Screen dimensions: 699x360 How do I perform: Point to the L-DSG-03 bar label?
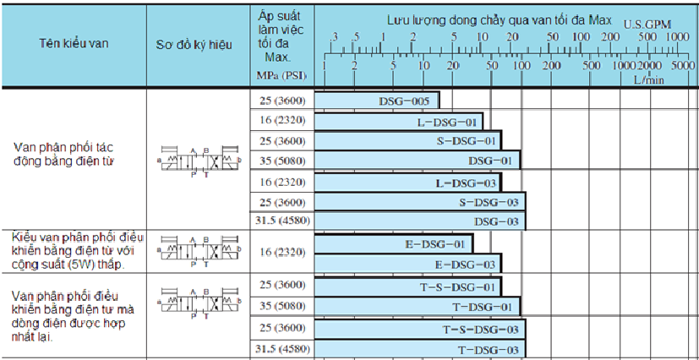[463, 183]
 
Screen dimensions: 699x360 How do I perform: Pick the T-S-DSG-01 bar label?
[458, 286]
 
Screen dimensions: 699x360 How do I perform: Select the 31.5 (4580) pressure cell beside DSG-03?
[283, 221]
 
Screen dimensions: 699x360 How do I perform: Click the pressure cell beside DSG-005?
[283, 101]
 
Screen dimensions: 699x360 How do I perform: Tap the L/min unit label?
[650, 79]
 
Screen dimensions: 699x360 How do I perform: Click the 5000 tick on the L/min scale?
[683, 65]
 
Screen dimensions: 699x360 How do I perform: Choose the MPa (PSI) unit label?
[282, 75]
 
